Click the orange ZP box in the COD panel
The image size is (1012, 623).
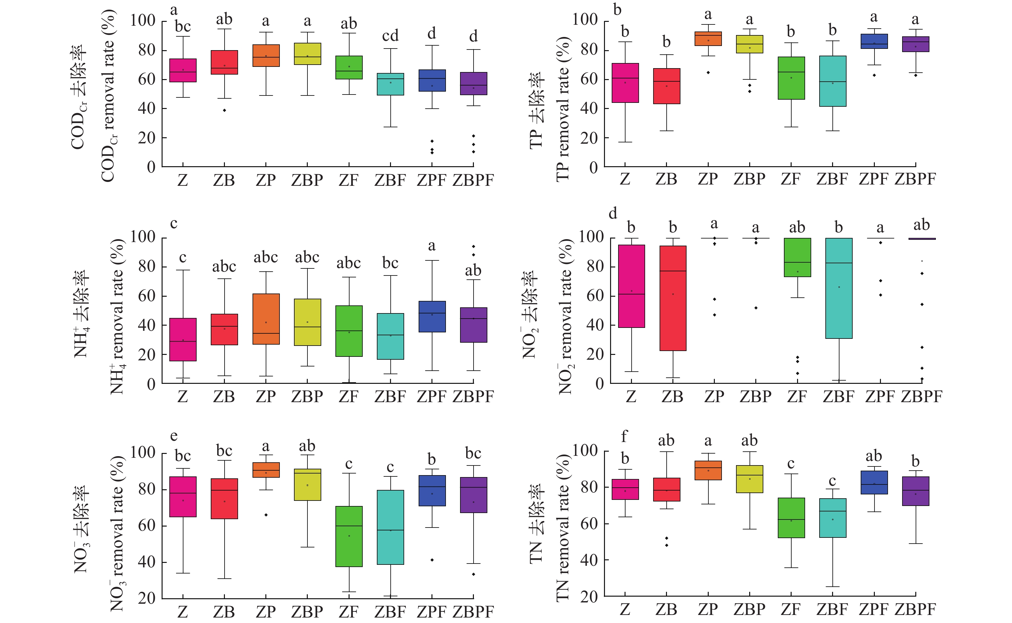266,56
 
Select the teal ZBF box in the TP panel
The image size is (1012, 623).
832,81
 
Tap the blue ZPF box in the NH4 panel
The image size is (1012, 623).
432,316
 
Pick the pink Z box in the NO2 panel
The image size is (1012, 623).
631,286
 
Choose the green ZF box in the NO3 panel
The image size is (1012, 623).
349,537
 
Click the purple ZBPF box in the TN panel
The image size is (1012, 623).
915,491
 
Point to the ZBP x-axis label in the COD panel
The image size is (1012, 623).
307,180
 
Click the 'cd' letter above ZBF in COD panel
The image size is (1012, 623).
390,36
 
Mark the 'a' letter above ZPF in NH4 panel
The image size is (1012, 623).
431,246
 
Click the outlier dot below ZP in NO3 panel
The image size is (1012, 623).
266,515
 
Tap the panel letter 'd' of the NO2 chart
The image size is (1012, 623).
613,213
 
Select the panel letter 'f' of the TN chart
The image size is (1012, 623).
624,436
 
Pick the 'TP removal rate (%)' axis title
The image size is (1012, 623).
563,109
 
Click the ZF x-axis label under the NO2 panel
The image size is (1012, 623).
797,397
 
